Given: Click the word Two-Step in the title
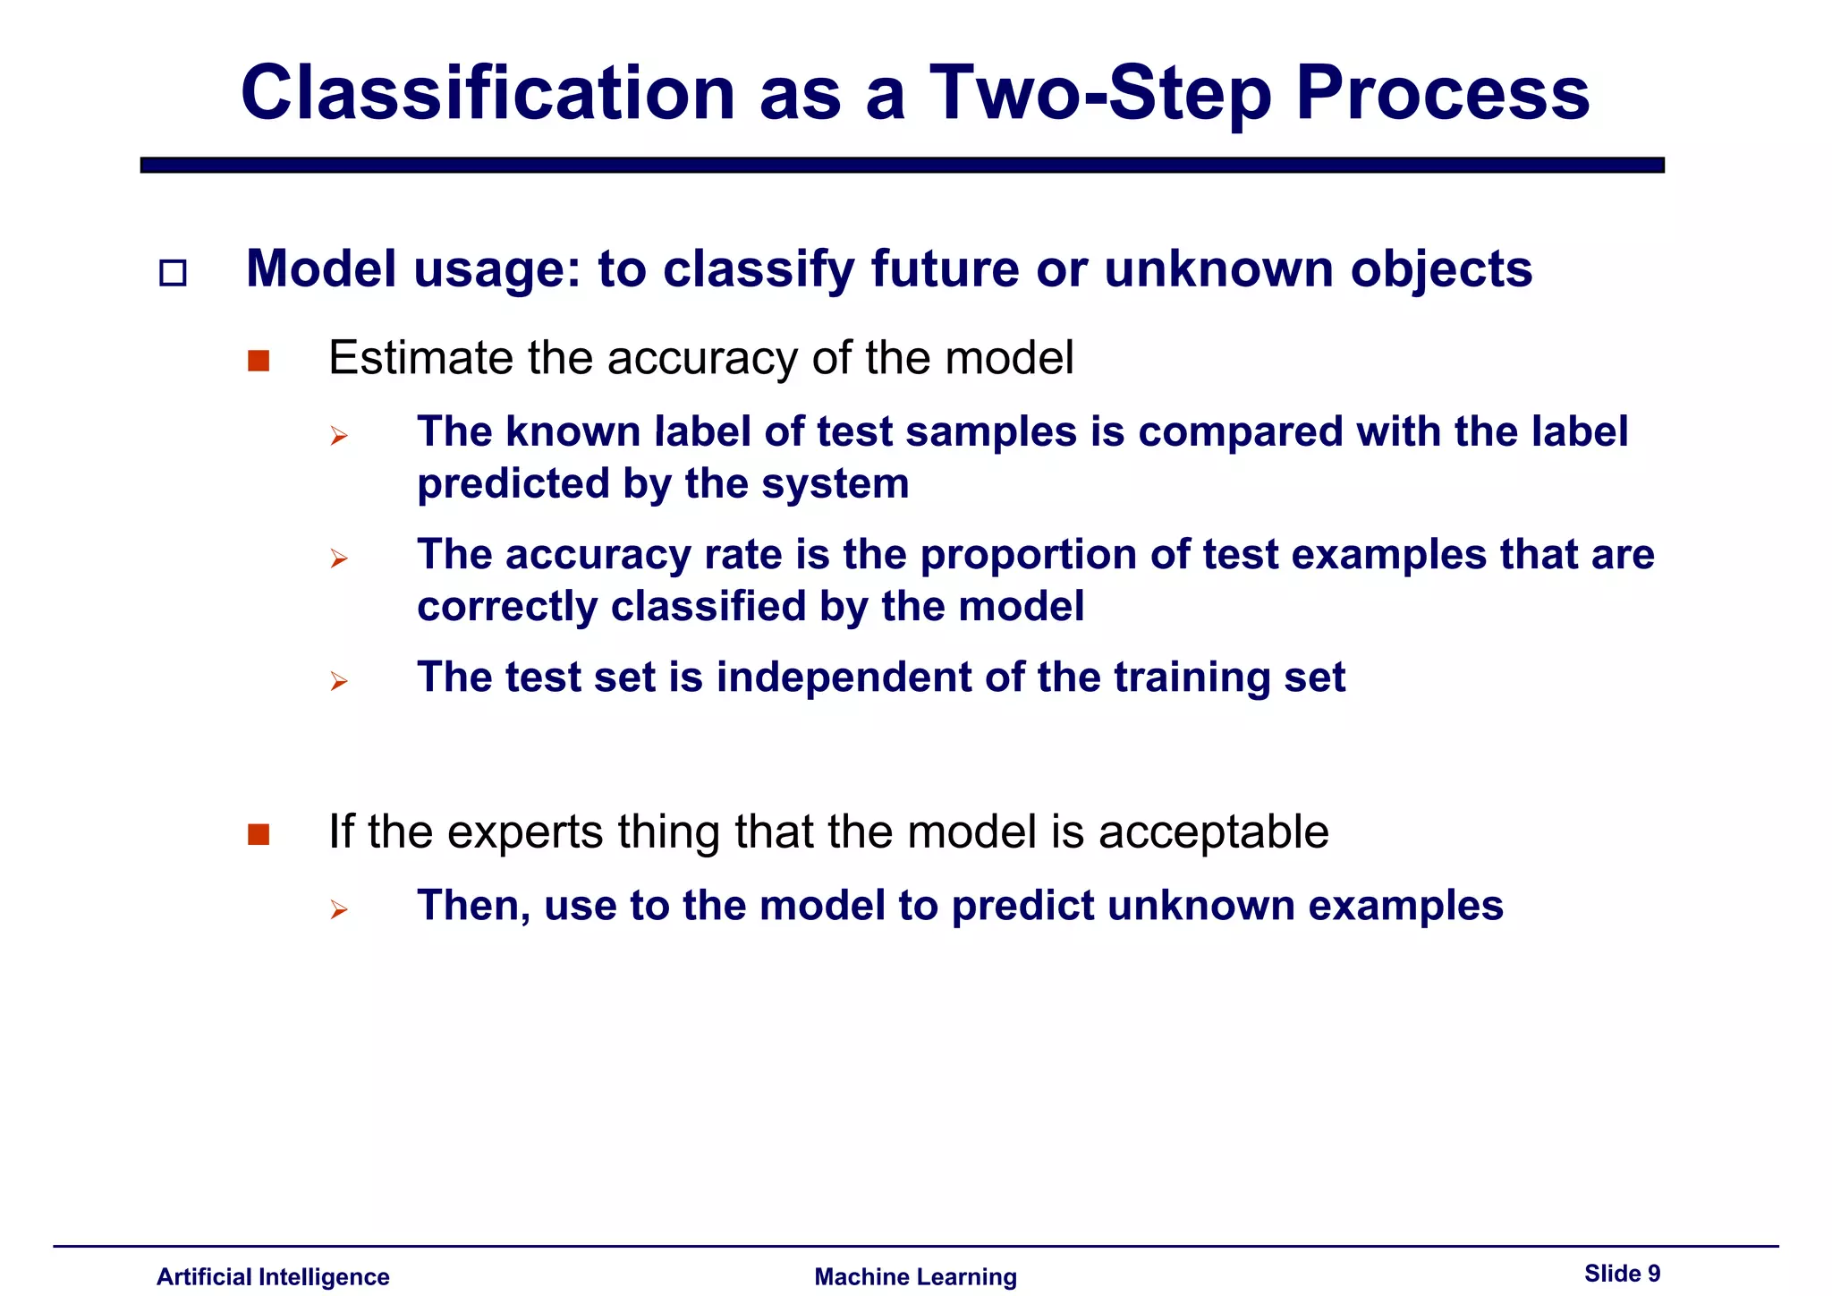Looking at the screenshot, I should coord(1100,94).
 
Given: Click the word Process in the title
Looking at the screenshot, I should coord(1442,94).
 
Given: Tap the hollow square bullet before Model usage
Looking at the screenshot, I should coord(173,273).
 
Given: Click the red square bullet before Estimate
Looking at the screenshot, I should coord(259,361).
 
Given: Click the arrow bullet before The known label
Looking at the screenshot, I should coord(338,437).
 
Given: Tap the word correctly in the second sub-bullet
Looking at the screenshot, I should coord(507,607).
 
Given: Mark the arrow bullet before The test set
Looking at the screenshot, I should coord(338,682).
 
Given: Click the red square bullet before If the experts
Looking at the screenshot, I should coord(259,834).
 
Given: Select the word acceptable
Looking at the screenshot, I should coord(1213,832).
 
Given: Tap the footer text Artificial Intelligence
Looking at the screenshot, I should coord(273,1276).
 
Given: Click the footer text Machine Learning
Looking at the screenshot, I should coord(915,1276).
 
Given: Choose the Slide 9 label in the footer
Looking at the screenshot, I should coord(1622,1273).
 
